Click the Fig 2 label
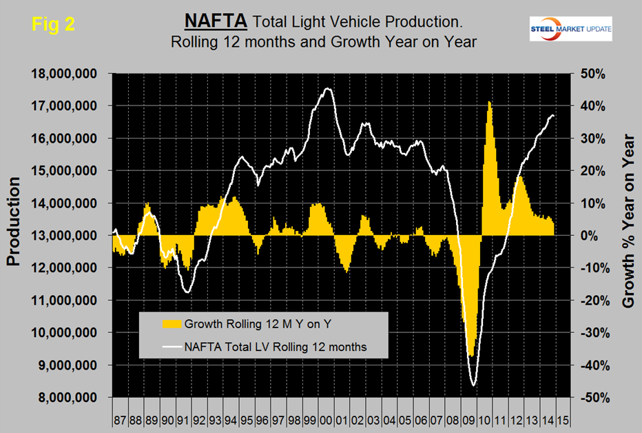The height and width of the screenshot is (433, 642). (53, 23)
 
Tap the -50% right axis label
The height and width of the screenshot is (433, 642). (590, 398)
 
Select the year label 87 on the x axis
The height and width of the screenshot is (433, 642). (120, 420)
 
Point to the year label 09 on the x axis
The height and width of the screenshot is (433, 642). (466, 420)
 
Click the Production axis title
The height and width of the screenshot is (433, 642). (14, 221)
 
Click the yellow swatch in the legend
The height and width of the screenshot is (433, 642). (168, 323)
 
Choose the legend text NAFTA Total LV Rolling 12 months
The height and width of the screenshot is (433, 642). (275, 347)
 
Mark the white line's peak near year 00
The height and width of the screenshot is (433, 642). (327, 88)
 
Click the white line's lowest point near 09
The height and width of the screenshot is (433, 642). (473, 385)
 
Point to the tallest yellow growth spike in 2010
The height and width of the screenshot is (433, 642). (489, 102)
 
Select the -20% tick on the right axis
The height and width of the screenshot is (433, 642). (590, 301)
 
